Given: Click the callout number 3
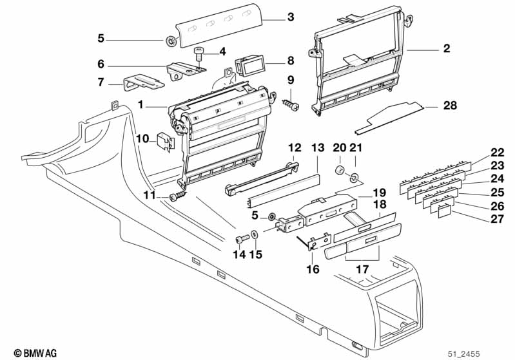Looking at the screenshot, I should (x=291, y=17).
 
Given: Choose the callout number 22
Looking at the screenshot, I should (x=497, y=153).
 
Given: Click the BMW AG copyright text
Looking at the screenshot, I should (x=31, y=353).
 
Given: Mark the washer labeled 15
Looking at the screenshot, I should (x=255, y=234).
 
